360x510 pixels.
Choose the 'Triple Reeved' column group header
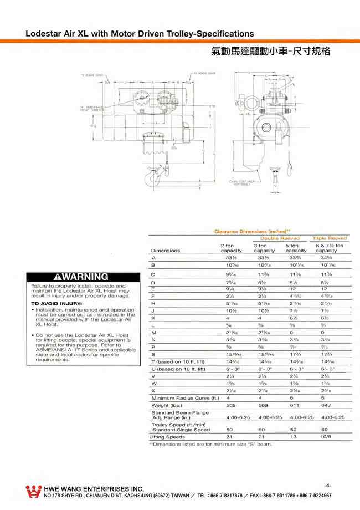pos(330,238)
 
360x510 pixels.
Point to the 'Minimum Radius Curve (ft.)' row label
pos(186,398)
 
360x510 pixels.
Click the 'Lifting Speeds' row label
pos(167,437)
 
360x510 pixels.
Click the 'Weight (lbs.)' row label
pos(170,405)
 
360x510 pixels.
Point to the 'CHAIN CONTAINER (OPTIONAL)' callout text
pos(243,183)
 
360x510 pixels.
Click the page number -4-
pos(328,484)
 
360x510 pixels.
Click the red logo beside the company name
pos(34,491)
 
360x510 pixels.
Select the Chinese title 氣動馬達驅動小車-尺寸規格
pos(271,52)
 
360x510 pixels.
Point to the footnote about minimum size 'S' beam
pos(210,444)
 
